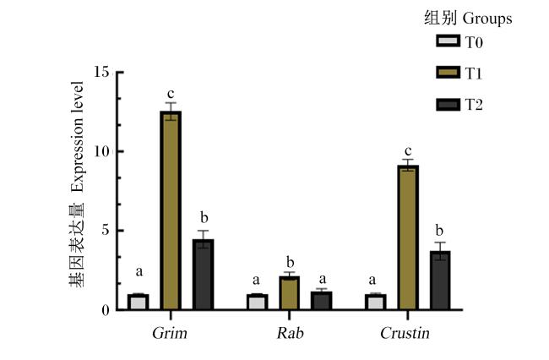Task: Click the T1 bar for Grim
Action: click(x=171, y=210)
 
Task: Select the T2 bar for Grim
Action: click(x=203, y=275)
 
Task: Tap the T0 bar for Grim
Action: click(x=138, y=302)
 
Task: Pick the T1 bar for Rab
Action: click(x=289, y=293)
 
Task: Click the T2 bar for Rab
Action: click(x=322, y=301)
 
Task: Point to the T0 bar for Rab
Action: click(x=257, y=302)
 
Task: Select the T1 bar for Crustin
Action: click(x=408, y=237)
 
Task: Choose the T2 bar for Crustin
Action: click(x=440, y=281)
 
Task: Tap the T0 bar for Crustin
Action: click(x=376, y=302)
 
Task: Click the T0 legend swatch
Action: click(x=448, y=41)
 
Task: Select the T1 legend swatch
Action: click(x=448, y=73)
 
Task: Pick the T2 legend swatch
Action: click(x=448, y=105)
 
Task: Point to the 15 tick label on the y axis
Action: click(x=102, y=72)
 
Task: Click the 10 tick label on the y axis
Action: click(x=102, y=151)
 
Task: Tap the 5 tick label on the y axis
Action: click(x=106, y=231)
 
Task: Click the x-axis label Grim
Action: click(x=170, y=333)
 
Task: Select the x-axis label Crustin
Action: click(x=405, y=333)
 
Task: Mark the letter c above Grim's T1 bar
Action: click(x=171, y=94)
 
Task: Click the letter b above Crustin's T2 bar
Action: click(x=439, y=231)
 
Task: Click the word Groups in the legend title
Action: click(x=487, y=19)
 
